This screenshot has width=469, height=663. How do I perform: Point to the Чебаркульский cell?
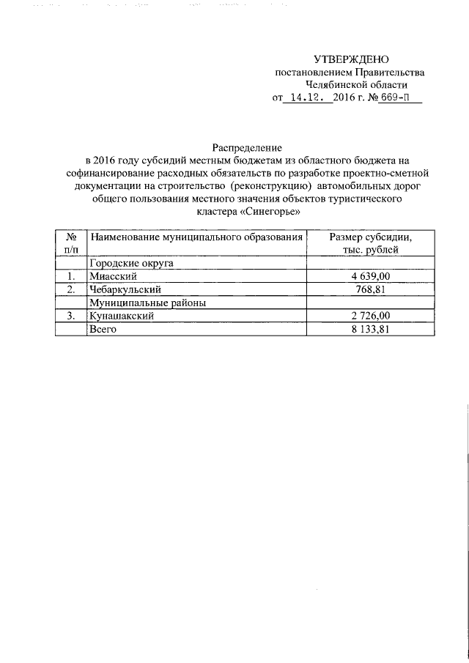point(124,289)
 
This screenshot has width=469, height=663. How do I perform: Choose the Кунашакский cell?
point(121,316)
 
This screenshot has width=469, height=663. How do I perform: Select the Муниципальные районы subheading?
point(147,303)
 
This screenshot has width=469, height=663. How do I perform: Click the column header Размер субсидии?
point(370,237)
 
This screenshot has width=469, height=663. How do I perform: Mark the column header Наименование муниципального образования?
point(195,237)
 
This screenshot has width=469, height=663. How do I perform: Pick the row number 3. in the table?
point(71,316)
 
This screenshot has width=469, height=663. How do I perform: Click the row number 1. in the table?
point(71,276)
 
